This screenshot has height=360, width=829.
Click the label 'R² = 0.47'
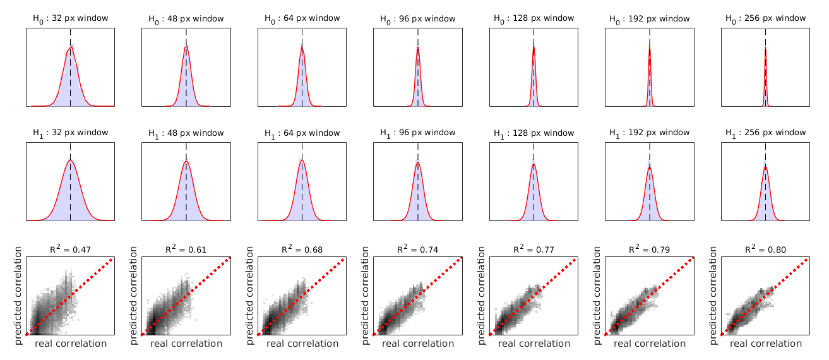70,249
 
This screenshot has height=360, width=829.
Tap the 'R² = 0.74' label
418,249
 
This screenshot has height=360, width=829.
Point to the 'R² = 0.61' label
186,249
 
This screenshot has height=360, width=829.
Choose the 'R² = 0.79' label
650,249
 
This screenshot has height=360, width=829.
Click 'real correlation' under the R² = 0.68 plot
302,344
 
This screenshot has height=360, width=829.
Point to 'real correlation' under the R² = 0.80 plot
766,344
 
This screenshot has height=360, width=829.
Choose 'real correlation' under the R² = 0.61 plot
186,344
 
